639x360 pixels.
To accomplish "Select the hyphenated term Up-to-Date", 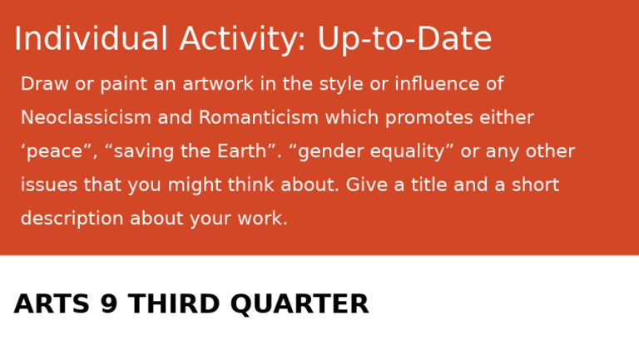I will [x=404, y=40].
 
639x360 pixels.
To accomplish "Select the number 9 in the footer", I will [x=109, y=305].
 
